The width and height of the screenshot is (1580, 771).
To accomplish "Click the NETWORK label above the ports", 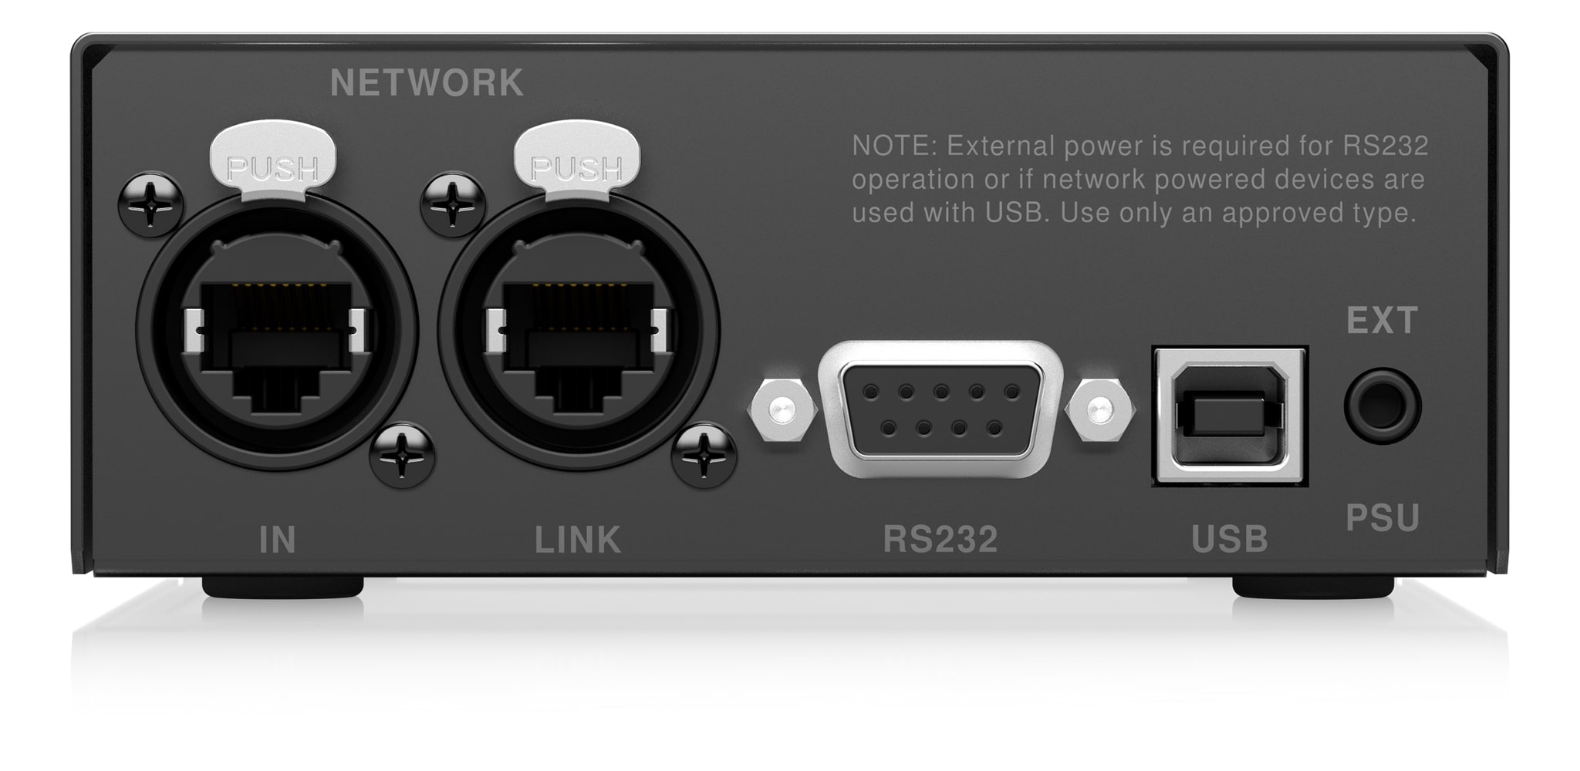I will (x=427, y=83).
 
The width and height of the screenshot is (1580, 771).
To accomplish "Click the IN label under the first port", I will (x=277, y=540).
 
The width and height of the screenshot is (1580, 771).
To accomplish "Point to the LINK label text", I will (x=578, y=540).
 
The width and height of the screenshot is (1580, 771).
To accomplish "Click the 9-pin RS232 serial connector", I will (x=940, y=408).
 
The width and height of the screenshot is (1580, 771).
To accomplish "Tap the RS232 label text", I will (x=940, y=540).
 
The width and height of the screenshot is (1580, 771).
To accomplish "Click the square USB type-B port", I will (x=1230, y=416).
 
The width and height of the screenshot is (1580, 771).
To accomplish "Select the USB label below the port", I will (x=1230, y=540).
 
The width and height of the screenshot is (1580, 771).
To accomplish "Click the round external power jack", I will (x=1382, y=406).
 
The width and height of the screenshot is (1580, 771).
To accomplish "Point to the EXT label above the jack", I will (x=1382, y=321).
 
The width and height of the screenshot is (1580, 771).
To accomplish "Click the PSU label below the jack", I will (x=1382, y=518).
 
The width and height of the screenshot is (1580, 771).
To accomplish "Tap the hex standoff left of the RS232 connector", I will (x=782, y=409).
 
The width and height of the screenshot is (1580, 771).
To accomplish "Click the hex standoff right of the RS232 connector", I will (x=1099, y=409).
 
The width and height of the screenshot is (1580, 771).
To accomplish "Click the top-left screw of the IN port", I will (x=151, y=205).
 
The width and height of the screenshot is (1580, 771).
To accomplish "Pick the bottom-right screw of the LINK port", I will (x=704, y=456).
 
